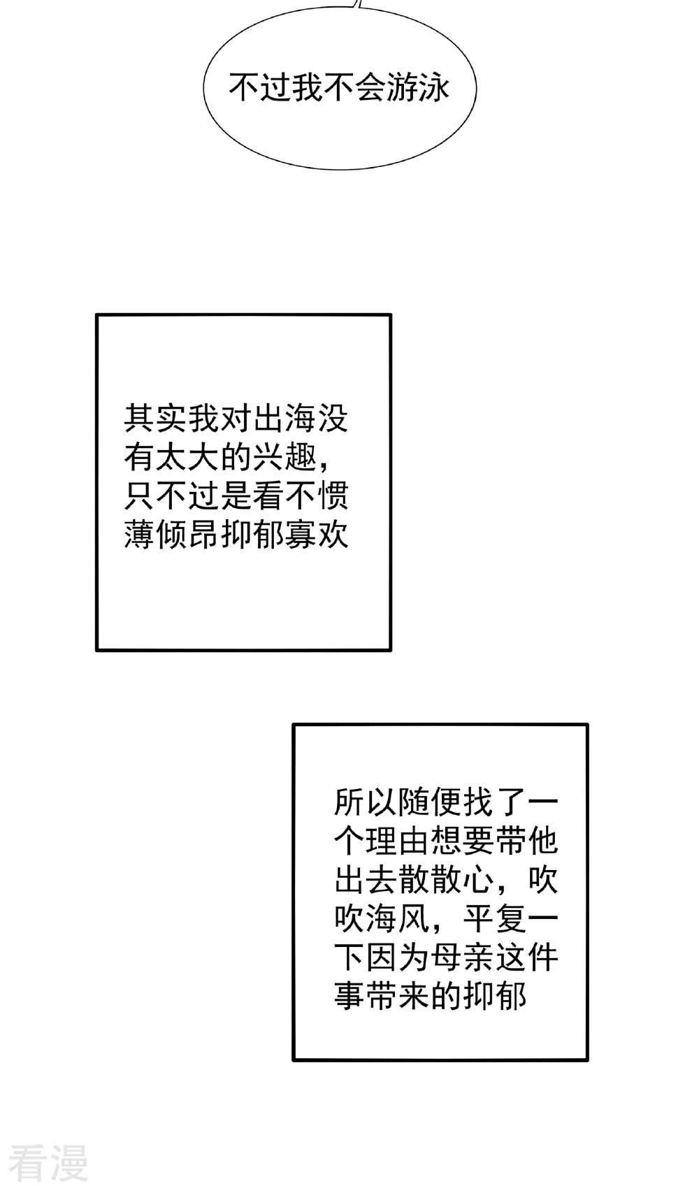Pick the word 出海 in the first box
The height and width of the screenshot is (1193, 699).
(x=284, y=418)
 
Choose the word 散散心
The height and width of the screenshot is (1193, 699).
(x=446, y=879)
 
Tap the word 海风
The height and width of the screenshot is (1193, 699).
(x=398, y=918)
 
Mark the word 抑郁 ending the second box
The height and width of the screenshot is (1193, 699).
(x=494, y=995)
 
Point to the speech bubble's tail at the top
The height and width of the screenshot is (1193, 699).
(x=358, y=4)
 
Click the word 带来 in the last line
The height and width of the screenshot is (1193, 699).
(x=398, y=995)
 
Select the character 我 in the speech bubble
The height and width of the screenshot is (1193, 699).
(x=308, y=88)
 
